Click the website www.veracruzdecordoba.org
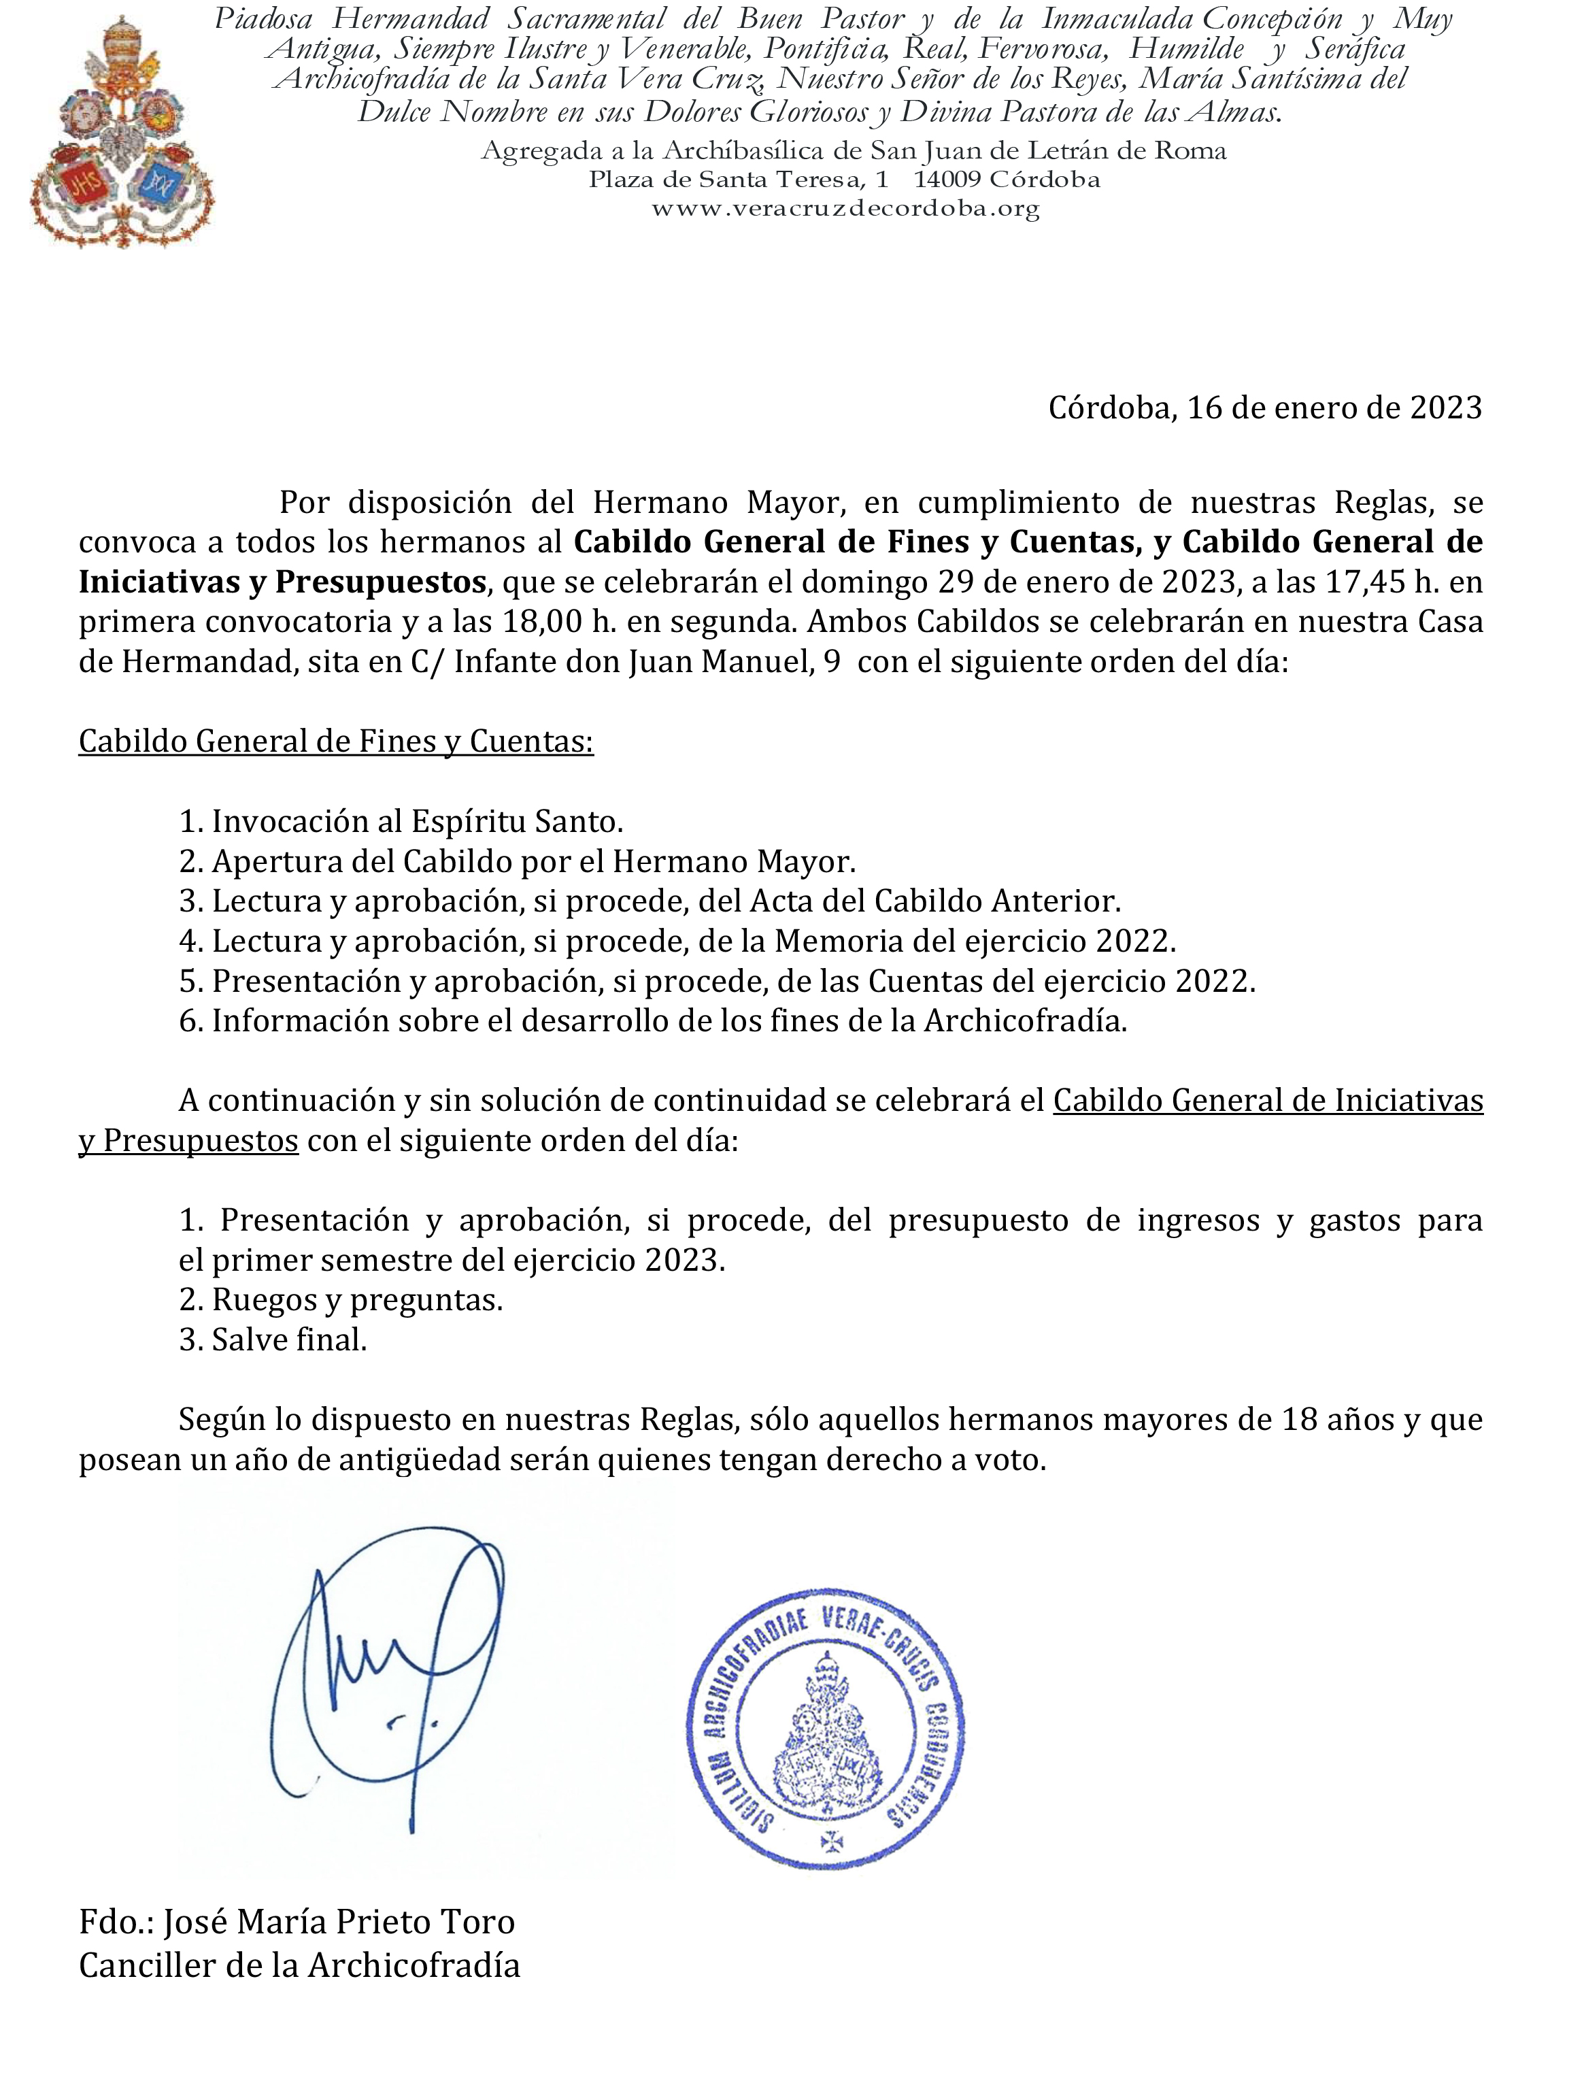point(845,210)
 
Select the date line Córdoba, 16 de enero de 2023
point(1264,408)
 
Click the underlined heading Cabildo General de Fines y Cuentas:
point(336,741)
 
